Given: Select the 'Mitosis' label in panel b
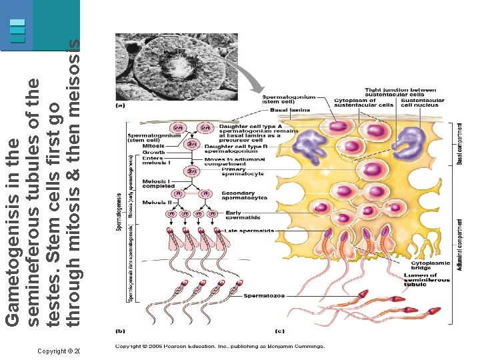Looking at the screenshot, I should point(153,145).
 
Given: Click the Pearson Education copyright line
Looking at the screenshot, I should point(220,347).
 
